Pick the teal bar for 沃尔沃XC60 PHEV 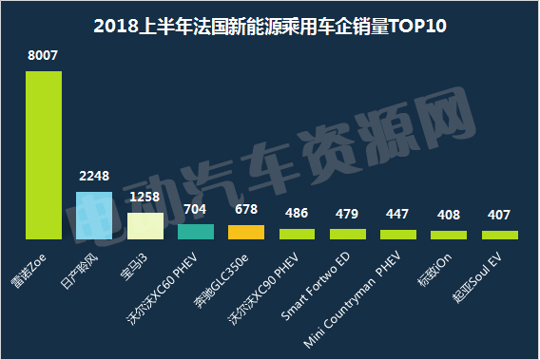pyautogui.click(x=196, y=231)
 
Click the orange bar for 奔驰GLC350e pyautogui.click(x=246, y=231)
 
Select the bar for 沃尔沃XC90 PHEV pyautogui.click(x=297, y=233)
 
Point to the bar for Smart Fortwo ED pyautogui.click(x=348, y=233)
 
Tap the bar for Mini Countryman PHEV pyautogui.click(x=398, y=233)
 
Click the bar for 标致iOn pyautogui.click(x=449, y=234)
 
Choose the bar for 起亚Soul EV pyautogui.click(x=500, y=234)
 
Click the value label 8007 pyautogui.click(x=43, y=56)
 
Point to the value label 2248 pyautogui.click(x=93, y=177)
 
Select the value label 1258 pyautogui.click(x=145, y=198)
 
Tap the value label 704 pyautogui.click(x=196, y=210)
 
